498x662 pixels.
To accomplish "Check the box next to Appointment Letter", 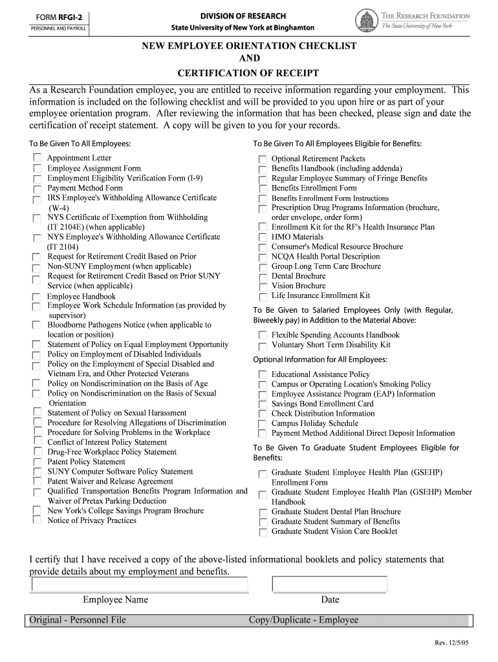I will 37,158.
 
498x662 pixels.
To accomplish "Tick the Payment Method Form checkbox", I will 37,188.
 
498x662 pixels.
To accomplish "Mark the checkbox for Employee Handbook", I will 37,297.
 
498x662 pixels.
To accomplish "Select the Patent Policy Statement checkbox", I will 37,462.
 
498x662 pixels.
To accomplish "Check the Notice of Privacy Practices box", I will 37,520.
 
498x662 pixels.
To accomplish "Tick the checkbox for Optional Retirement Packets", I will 262,159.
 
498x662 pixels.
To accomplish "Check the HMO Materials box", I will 262,237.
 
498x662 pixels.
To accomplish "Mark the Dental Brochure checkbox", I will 262,277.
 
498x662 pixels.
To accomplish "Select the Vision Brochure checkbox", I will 262,286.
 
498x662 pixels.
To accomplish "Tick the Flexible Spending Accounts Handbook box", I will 262,336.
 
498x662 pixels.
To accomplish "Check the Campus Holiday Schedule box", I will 262,424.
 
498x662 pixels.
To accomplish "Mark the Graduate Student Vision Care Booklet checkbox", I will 262,532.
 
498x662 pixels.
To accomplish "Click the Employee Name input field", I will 139,584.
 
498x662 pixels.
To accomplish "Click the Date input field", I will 330,584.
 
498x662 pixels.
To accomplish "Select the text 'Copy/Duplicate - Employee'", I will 303,621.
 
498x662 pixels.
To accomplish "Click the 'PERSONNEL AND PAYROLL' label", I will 58,29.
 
